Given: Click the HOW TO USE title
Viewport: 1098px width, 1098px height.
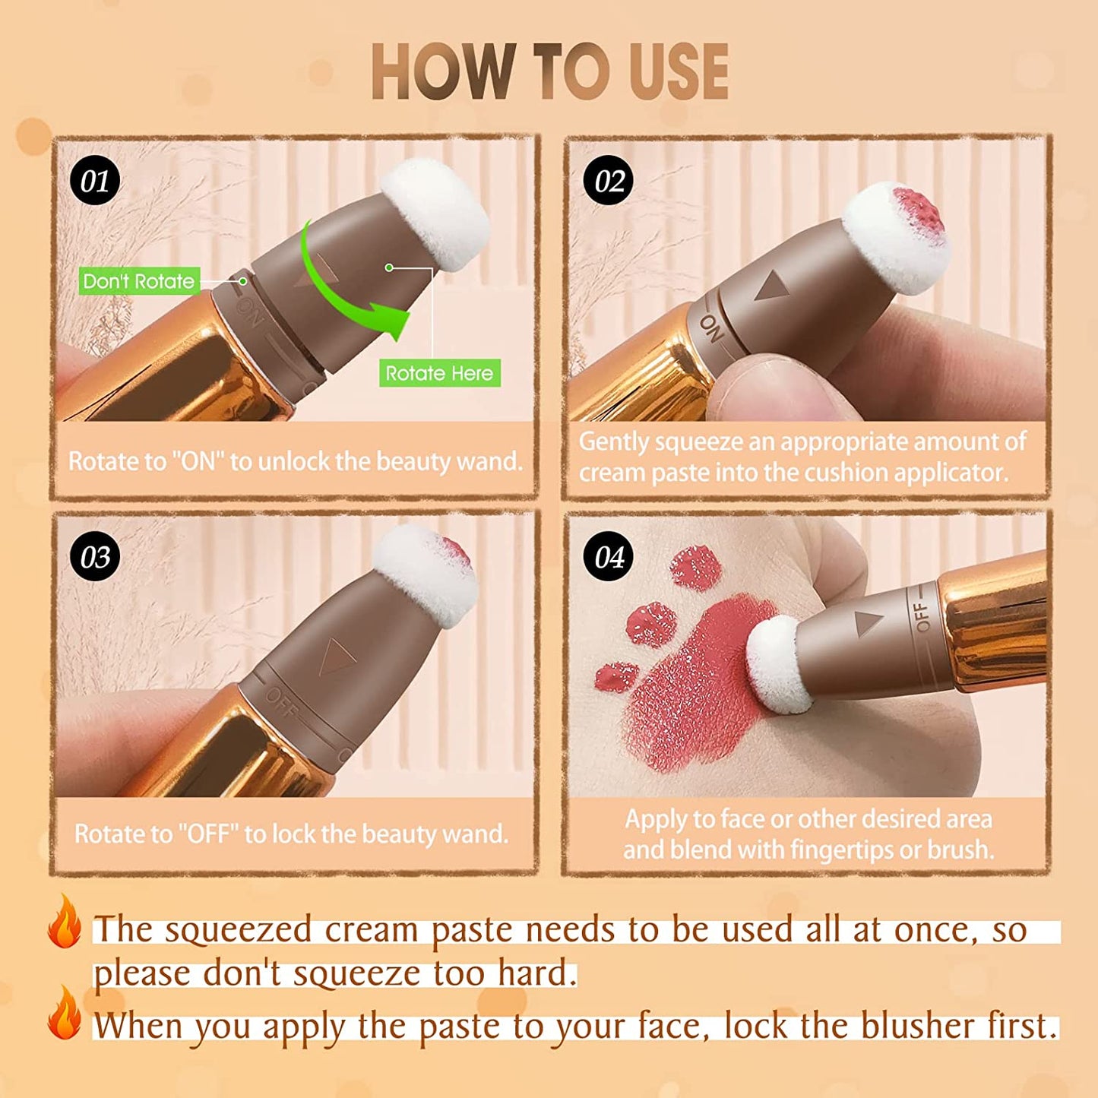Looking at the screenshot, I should tap(549, 72).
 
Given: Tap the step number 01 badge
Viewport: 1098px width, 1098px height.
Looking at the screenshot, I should tap(95, 181).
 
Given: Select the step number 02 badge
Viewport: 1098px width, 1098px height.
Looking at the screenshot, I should tap(609, 181).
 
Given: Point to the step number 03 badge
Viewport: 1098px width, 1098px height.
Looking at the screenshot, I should tap(95, 557).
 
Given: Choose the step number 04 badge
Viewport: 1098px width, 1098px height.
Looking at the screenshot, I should tap(609, 557).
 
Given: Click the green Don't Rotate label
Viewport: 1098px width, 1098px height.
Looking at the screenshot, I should tap(139, 281).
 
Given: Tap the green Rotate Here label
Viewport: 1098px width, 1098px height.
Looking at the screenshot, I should tap(439, 373).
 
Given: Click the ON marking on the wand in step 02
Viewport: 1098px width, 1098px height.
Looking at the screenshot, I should tap(711, 328).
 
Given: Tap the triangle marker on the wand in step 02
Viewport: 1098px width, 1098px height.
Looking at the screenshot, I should tap(774, 286).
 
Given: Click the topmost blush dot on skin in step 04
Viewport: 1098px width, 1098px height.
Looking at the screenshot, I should tap(695, 568).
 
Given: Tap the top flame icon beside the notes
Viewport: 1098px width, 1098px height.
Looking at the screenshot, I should tap(65, 922).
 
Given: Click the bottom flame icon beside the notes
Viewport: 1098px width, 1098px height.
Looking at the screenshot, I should tap(65, 1014).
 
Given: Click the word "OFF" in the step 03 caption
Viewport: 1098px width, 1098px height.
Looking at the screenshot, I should tap(208, 834).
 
